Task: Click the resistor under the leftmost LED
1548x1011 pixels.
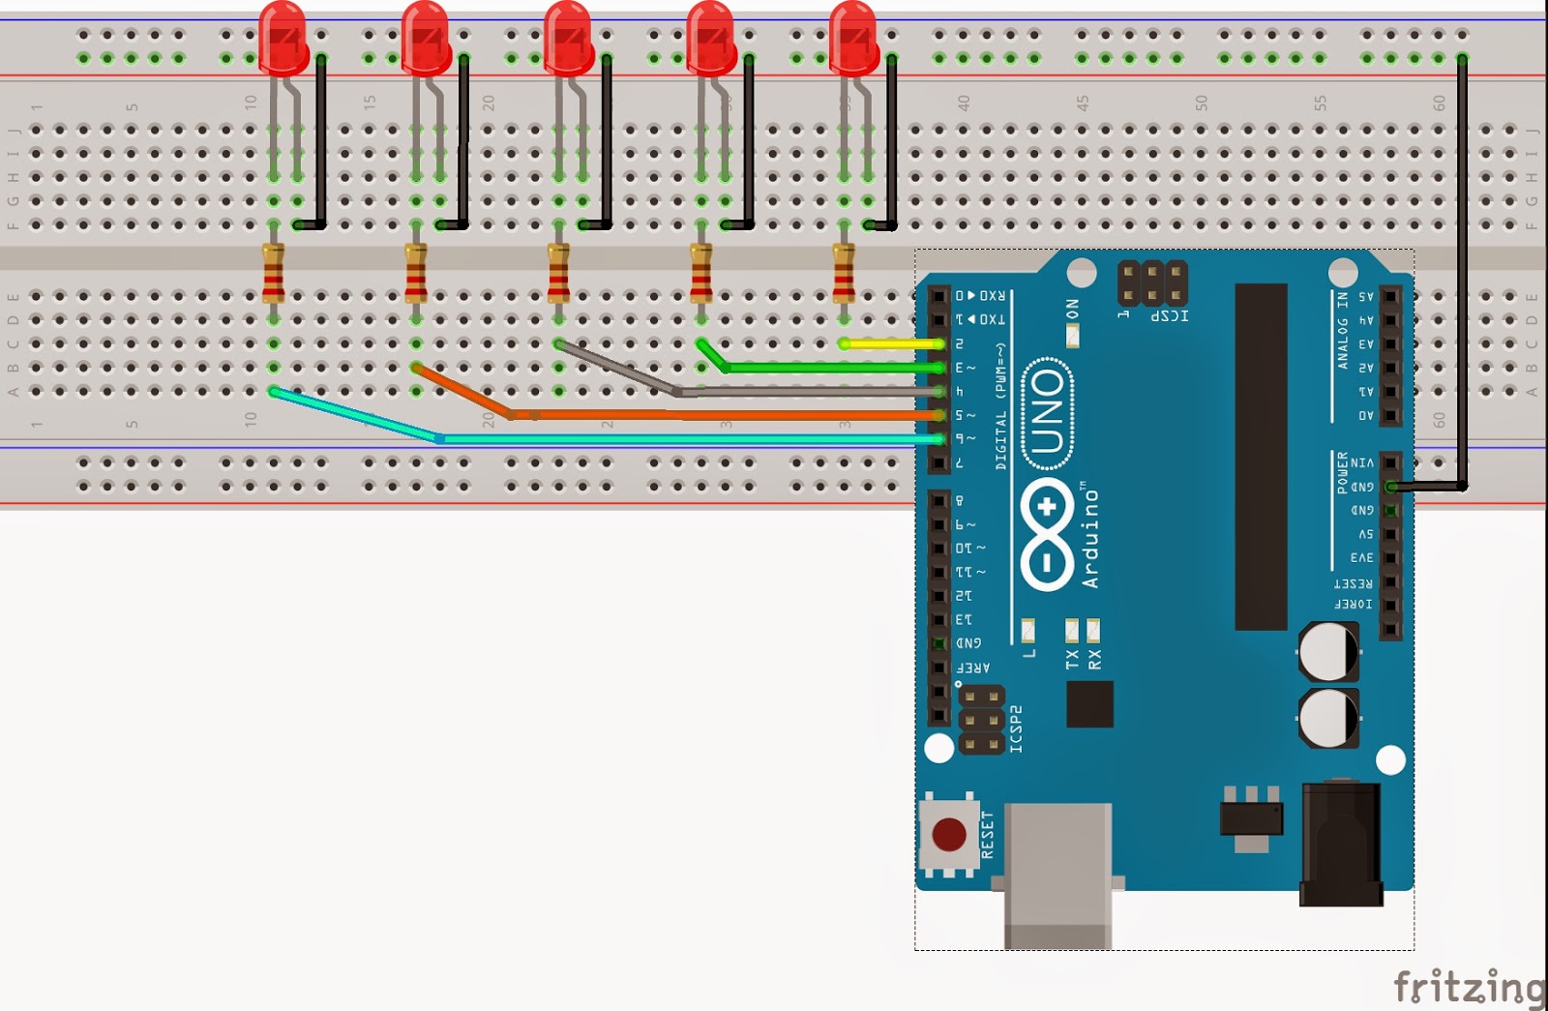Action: pos(273,274)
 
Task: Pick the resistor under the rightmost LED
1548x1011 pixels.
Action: pos(844,274)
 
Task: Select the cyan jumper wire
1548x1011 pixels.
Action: pos(677,439)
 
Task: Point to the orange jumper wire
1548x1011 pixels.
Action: pos(726,415)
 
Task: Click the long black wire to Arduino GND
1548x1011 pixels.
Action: pos(1462,271)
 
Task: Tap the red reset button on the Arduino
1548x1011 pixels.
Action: pos(948,834)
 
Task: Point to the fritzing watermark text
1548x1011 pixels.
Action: pos(1469,987)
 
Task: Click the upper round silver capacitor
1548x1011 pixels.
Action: pos(1328,651)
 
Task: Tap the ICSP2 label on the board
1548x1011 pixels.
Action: pos(1016,729)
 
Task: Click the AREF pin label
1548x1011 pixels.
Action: pos(972,668)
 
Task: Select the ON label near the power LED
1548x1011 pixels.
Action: pos(1072,309)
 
